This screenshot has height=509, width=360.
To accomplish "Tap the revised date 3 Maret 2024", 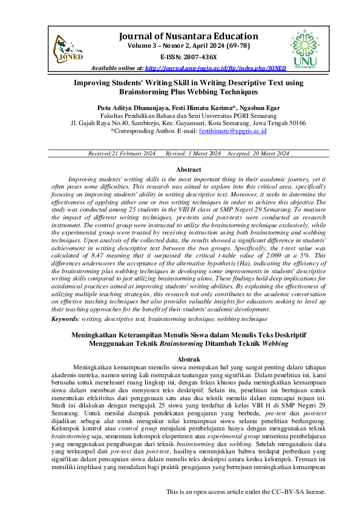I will tap(204, 154).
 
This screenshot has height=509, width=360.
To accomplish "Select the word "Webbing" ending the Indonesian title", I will tap(275, 343).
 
